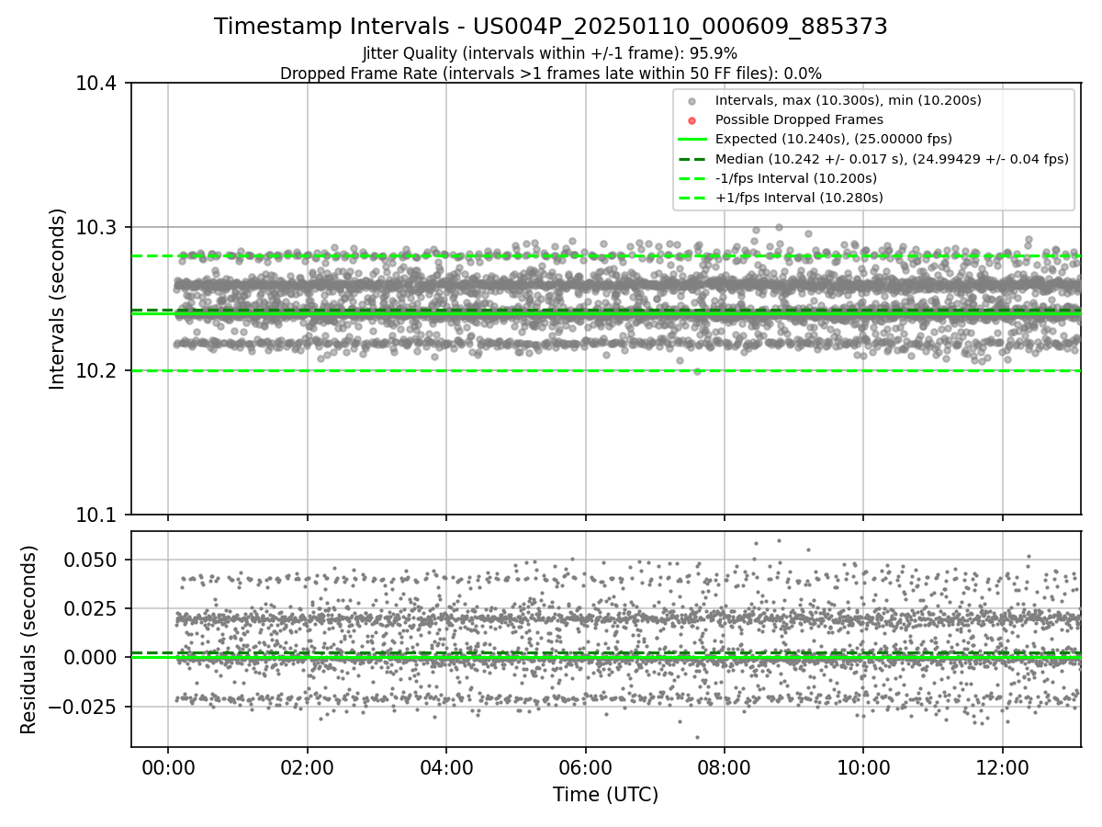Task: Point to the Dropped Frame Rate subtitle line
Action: click(x=550, y=73)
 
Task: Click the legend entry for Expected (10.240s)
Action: click(x=833, y=139)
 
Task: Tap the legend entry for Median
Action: click(x=891, y=159)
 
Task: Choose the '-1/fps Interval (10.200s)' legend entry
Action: click(x=795, y=178)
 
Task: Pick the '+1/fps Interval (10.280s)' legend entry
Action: click(x=798, y=198)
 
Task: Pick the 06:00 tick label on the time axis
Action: click(x=585, y=767)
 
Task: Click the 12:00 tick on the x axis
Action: click(x=1002, y=767)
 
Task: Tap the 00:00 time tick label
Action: click(x=167, y=767)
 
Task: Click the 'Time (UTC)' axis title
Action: click(x=605, y=795)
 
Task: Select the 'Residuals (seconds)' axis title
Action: click(x=29, y=640)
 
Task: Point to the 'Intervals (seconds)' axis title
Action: click(x=58, y=299)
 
